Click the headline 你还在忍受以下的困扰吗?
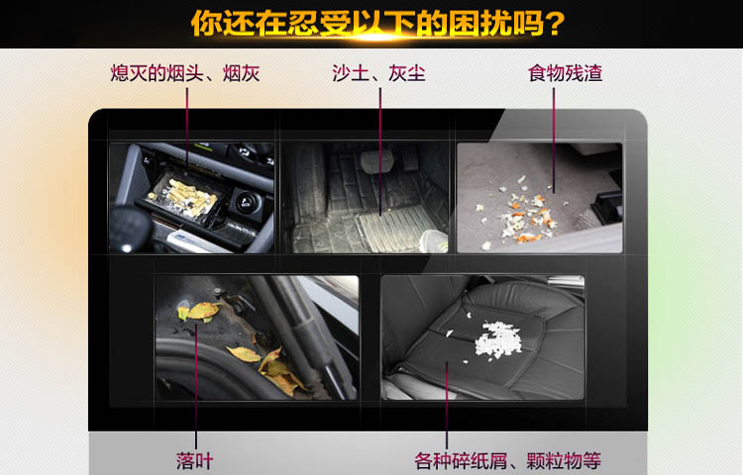coord(377,23)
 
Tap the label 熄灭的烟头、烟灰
coord(185,74)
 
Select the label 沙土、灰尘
coord(378,74)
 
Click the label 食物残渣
coord(565,74)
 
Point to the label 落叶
coord(195,461)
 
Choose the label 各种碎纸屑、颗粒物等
coord(508,461)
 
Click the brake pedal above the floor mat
coord(376,161)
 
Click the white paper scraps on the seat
coord(495,339)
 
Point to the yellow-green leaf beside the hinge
coord(199,312)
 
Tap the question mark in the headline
coord(554,24)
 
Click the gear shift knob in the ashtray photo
coord(129,231)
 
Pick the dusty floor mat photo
coord(366,198)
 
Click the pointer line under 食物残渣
coord(554,141)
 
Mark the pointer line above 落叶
coord(196,386)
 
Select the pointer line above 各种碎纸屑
coord(447,405)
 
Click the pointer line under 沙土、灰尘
coord(380,151)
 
